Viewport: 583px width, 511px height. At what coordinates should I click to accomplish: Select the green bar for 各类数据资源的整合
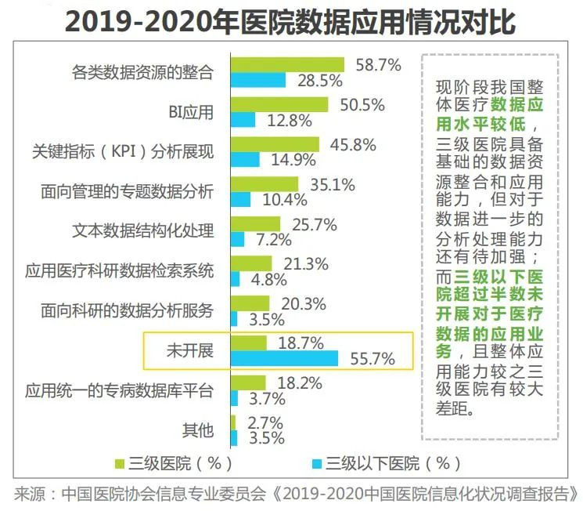(x=287, y=64)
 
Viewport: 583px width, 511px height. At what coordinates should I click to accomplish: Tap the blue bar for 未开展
(x=285, y=358)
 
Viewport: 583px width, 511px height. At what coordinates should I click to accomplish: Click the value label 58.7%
(x=378, y=64)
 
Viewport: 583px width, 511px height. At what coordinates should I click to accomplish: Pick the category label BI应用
(x=191, y=112)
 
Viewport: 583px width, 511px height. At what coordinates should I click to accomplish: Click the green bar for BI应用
(x=279, y=104)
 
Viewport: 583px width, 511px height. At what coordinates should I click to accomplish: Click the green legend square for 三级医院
(x=121, y=462)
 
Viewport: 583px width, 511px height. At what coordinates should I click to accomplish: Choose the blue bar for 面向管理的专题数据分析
(x=241, y=199)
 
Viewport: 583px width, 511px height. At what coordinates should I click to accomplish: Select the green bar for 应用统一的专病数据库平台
(x=249, y=382)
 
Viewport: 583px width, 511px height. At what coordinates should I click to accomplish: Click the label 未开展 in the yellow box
(x=189, y=350)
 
